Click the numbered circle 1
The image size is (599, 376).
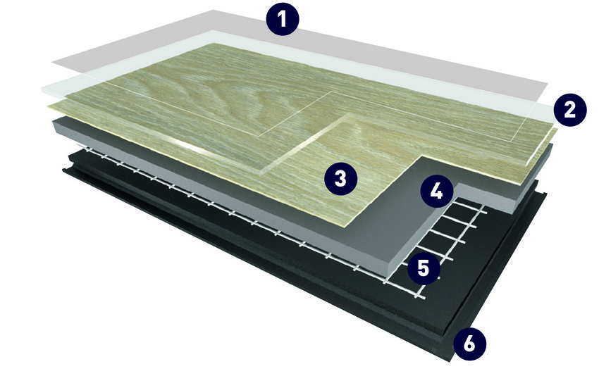click(x=283, y=19)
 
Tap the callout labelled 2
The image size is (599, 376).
click(x=569, y=110)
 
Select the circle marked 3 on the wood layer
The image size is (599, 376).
click(x=340, y=178)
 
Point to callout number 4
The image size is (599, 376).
click(x=437, y=191)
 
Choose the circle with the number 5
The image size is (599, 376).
click(x=424, y=268)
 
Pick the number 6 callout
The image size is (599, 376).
click(x=470, y=344)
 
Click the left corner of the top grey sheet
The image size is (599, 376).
click(x=52, y=61)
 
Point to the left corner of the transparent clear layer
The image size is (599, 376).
click(x=42, y=89)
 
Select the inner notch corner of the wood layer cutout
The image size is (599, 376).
click(x=421, y=156)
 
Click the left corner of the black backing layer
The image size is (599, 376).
click(x=63, y=170)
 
